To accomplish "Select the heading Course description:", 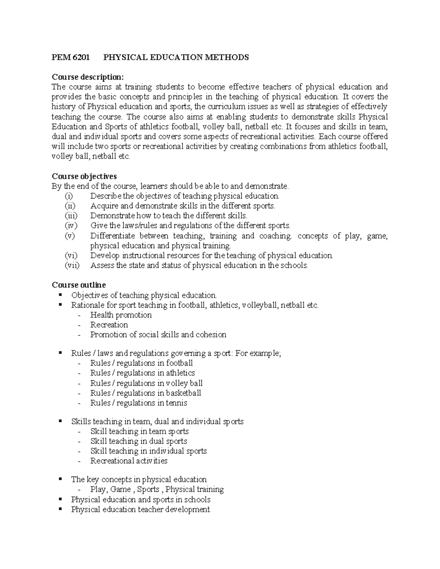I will [x=88, y=77].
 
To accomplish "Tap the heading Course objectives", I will [x=84, y=176].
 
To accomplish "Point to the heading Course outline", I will [x=79, y=285].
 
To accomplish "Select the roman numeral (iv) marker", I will [x=71, y=226].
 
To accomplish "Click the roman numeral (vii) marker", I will [x=72, y=266].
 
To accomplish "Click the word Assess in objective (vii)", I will [x=102, y=266].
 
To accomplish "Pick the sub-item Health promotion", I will [x=121, y=315].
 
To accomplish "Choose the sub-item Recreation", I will [x=109, y=325].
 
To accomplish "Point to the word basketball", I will [x=183, y=393].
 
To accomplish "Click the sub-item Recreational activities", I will [x=129, y=461].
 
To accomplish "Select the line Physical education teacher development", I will [x=140, y=509].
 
